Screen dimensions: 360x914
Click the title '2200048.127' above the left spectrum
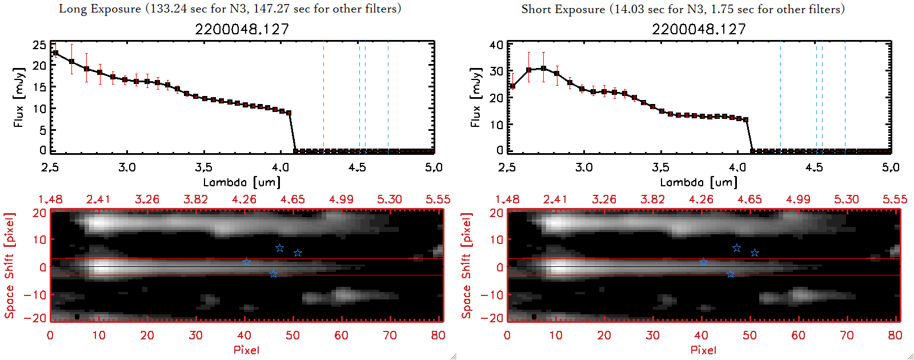242,29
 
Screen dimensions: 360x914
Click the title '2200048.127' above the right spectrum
699,29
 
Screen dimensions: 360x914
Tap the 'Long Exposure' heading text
100,9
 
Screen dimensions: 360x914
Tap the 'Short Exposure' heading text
563,9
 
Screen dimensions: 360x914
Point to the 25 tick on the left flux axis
39,45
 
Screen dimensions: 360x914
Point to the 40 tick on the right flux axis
496,45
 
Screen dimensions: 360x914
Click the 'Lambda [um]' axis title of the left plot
242,182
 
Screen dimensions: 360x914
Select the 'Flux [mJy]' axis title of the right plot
476,97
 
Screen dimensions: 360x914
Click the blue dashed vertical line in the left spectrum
323,97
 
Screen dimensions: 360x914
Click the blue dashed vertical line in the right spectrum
780,97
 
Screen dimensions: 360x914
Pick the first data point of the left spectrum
55,53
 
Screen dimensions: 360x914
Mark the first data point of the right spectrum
512,86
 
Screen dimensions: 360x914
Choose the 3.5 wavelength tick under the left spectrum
203,167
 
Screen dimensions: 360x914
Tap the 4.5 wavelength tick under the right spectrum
814,167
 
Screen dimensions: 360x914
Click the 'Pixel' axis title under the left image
246,350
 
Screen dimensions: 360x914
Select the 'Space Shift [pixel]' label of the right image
467,266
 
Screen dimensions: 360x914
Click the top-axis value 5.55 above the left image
438,199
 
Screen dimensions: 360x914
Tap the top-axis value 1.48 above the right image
507,199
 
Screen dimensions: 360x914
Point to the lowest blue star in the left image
273,274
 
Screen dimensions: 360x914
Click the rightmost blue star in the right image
755,253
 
